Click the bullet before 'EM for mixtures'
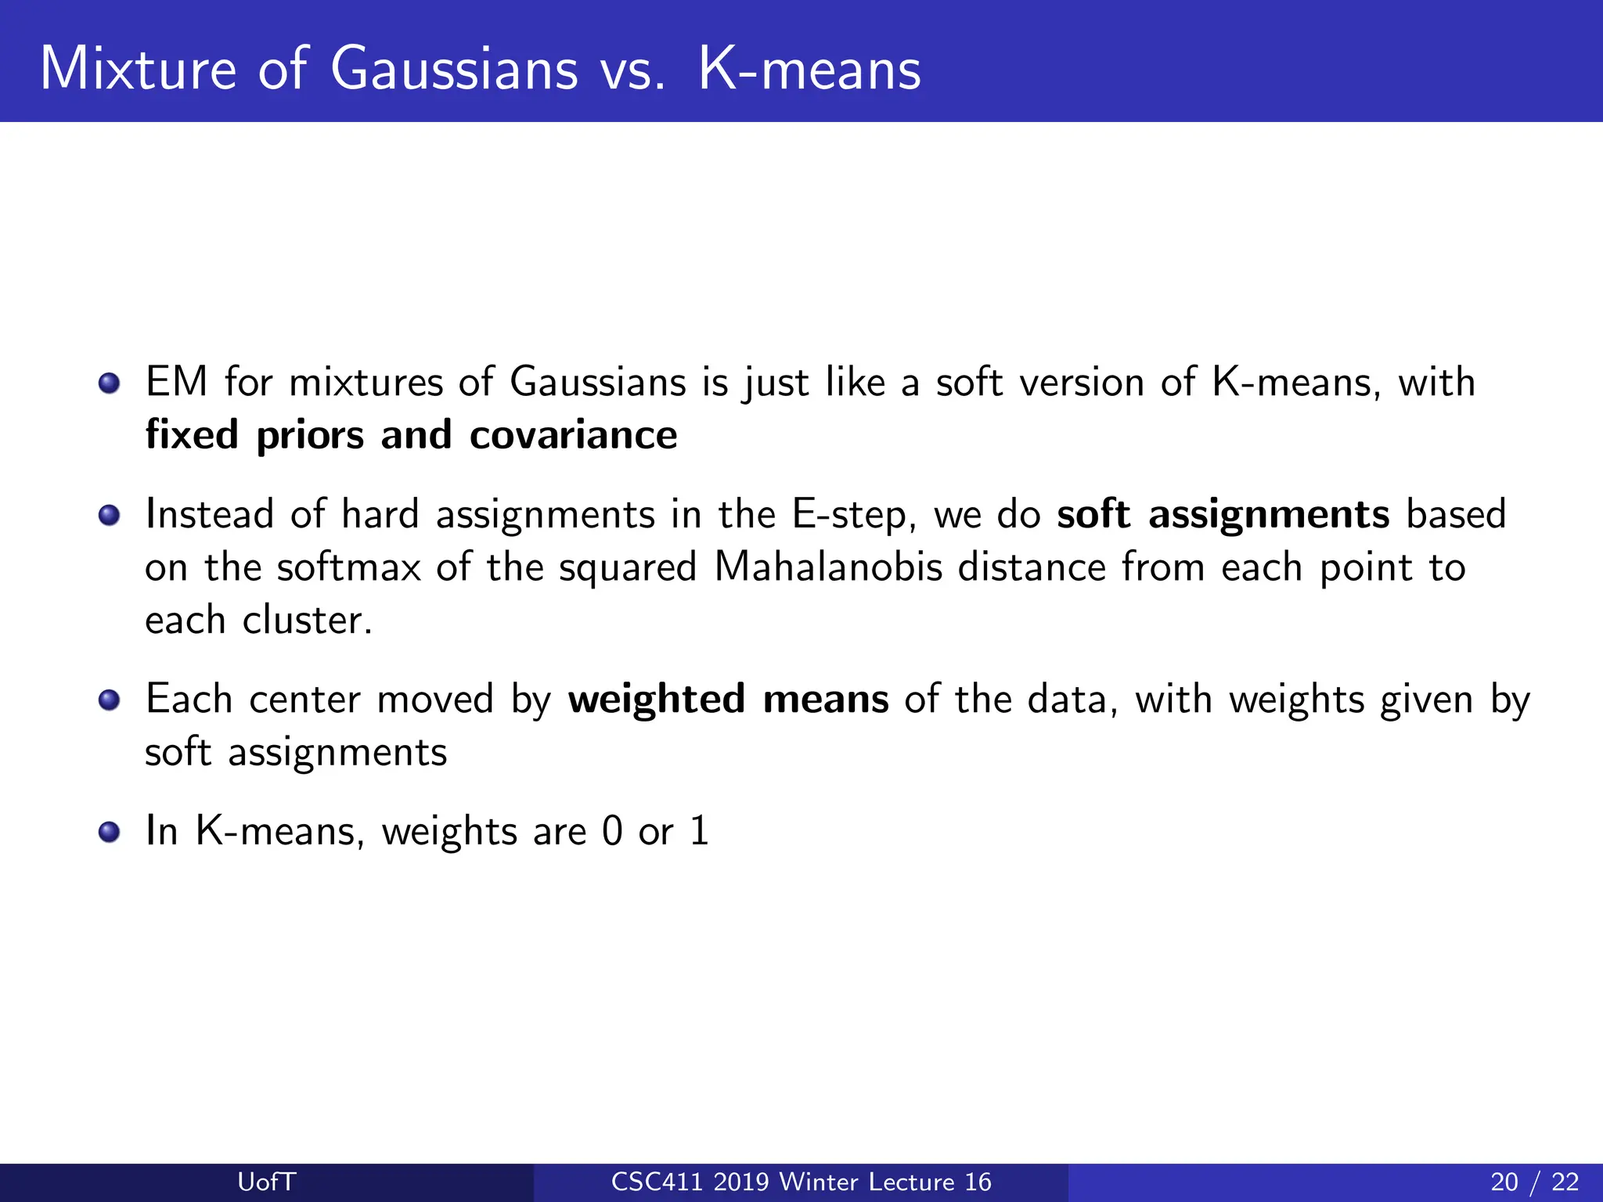click(110, 383)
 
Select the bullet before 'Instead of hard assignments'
click(110, 515)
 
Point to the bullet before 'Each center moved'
click(110, 700)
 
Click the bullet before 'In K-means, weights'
click(110, 831)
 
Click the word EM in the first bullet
click(177, 383)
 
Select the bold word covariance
click(573, 435)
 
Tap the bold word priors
click(310, 437)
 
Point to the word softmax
click(349, 567)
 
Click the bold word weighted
click(656, 700)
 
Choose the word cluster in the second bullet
click(307, 621)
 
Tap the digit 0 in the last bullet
click(612, 831)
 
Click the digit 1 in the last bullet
click(699, 831)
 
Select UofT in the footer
click(267, 1182)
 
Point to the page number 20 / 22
click(1534, 1182)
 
